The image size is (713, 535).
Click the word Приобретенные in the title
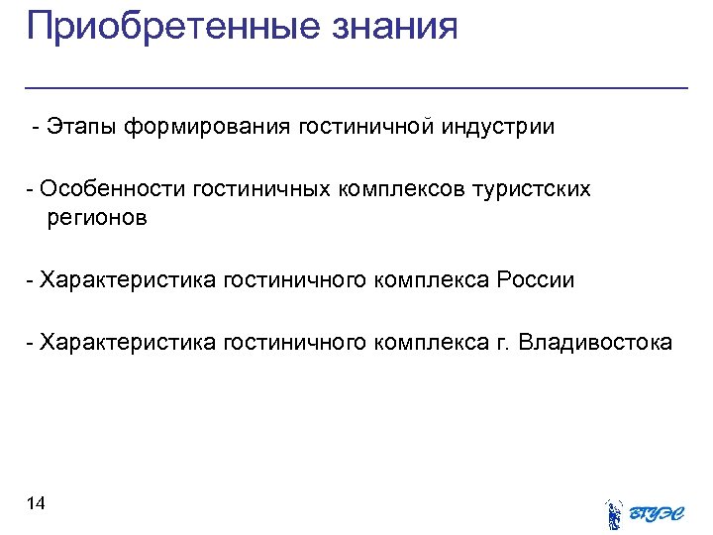(x=165, y=26)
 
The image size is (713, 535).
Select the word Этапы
(x=83, y=128)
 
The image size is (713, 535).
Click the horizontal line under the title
(x=356, y=89)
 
